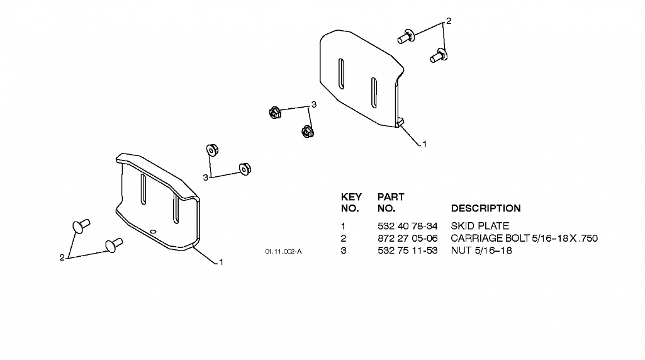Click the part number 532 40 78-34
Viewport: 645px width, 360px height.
407,226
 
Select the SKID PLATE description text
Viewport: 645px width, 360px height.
480,226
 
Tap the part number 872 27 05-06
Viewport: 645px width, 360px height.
407,239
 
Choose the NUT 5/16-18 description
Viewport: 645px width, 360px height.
481,250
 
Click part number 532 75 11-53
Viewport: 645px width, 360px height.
407,250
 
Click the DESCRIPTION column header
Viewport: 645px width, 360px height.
486,208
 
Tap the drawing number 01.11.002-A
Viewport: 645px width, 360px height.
283,251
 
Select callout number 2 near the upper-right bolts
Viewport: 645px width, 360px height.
449,21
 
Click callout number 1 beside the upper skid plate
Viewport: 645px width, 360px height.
425,144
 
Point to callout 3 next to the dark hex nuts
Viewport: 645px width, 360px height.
314,104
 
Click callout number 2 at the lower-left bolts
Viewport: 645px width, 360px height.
62,258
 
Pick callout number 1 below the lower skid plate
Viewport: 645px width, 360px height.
221,262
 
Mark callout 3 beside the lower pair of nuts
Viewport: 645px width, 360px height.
205,177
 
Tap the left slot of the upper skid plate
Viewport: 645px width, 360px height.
342,74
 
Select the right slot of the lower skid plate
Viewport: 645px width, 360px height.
176,208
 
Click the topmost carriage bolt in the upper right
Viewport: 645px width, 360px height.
406,37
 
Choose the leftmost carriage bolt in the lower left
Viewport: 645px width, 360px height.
81,226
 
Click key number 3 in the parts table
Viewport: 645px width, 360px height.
344,250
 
